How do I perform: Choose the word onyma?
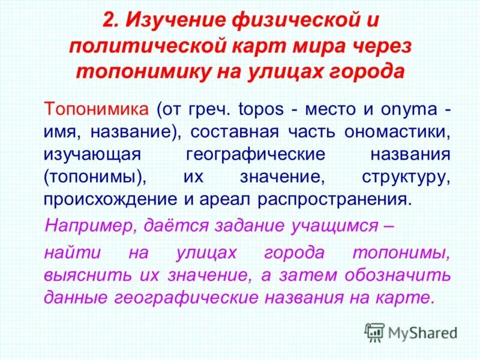410,111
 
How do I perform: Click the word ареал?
227,199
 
